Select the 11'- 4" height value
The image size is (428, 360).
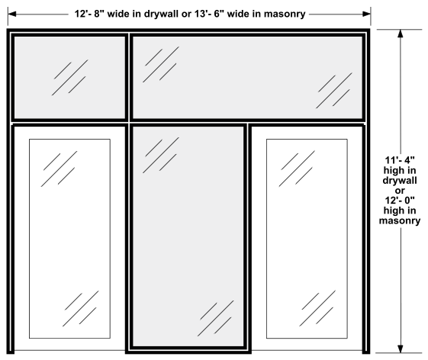[400, 160]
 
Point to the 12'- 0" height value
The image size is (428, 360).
[400, 201]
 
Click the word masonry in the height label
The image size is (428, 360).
[400, 220]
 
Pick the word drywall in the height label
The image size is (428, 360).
[400, 181]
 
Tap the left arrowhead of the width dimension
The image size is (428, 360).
[12, 14]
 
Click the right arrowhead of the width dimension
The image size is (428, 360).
[366, 14]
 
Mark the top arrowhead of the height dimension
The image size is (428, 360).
[401, 34]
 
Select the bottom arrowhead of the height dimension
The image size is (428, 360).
[401, 349]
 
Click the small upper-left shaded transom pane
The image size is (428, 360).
[69, 78]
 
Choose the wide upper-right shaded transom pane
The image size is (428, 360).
[247, 78]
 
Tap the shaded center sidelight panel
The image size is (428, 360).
[188, 236]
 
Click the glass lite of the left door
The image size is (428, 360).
[69, 239]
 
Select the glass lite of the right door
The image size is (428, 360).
[307, 239]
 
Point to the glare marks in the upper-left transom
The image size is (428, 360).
[70, 78]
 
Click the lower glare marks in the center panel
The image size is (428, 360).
[216, 319]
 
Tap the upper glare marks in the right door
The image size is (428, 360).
[297, 169]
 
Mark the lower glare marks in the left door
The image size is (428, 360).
[81, 309]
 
